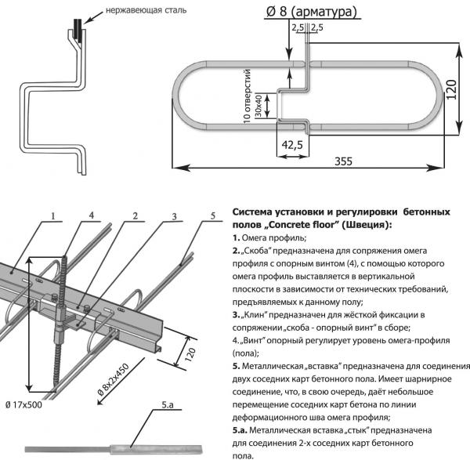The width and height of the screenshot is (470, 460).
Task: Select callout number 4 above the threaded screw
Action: click(x=92, y=216)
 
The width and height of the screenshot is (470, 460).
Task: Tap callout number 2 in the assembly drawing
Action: click(x=135, y=216)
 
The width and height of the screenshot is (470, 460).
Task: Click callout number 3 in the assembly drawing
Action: click(x=175, y=216)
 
